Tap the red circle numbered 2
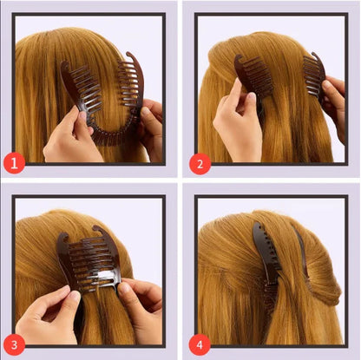pyautogui.click(x=198, y=161)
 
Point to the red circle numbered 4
pyautogui.click(x=198, y=341)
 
